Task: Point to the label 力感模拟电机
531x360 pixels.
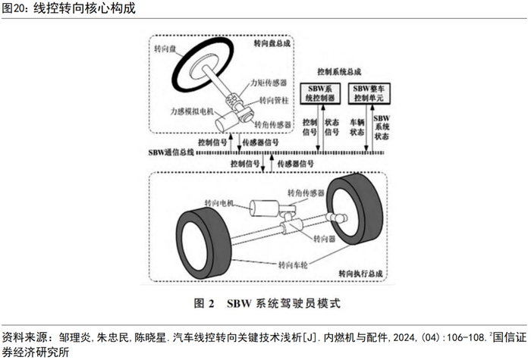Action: point(194,111)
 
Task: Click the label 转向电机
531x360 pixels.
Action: point(219,204)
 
